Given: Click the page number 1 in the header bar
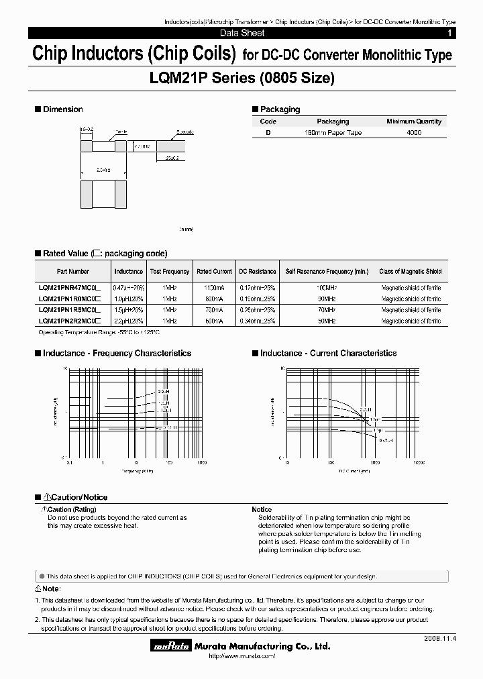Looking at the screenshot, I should point(449,33).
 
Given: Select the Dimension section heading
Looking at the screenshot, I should point(62,109).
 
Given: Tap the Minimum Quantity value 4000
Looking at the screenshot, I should point(414,133).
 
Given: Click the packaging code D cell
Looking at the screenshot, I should point(268,133).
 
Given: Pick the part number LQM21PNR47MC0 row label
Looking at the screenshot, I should point(69,286).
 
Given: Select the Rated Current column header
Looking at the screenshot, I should point(214,272).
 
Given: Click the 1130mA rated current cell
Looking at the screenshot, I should point(214,286).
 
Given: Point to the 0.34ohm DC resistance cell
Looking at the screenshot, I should point(258,321).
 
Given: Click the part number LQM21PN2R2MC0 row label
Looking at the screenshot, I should point(69,321).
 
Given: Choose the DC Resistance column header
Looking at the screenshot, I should point(258,272).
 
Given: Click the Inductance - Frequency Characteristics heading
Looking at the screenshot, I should point(117,353).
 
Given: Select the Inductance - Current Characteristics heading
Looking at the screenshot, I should point(328,353).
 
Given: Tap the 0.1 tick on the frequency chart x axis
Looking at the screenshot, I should point(70,463).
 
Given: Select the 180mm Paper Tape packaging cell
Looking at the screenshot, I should point(333,133).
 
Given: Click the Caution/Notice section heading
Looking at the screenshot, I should point(74,497).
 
